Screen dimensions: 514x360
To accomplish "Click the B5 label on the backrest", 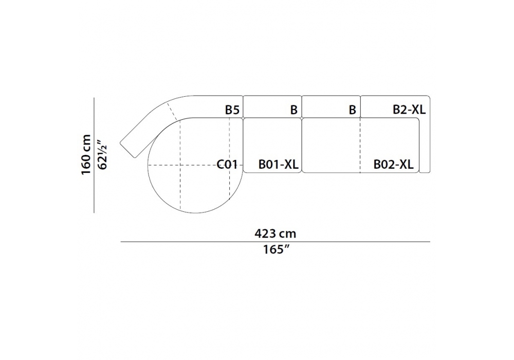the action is pyautogui.click(x=232, y=110).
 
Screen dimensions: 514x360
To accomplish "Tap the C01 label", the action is pyautogui.click(x=227, y=164).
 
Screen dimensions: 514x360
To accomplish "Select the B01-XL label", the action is pyautogui.click(x=278, y=164).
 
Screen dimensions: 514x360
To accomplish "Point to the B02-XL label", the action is pyautogui.click(x=393, y=164).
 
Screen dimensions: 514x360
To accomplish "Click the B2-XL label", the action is pyautogui.click(x=409, y=110).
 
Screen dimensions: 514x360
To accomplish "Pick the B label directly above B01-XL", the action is pyautogui.click(x=293, y=110).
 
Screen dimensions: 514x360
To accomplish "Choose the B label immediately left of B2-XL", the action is pyautogui.click(x=353, y=110).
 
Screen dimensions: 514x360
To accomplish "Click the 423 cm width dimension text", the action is pyautogui.click(x=275, y=234).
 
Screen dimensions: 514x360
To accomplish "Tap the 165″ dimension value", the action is pyautogui.click(x=277, y=249).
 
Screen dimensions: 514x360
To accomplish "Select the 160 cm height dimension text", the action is pyautogui.click(x=86, y=154).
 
